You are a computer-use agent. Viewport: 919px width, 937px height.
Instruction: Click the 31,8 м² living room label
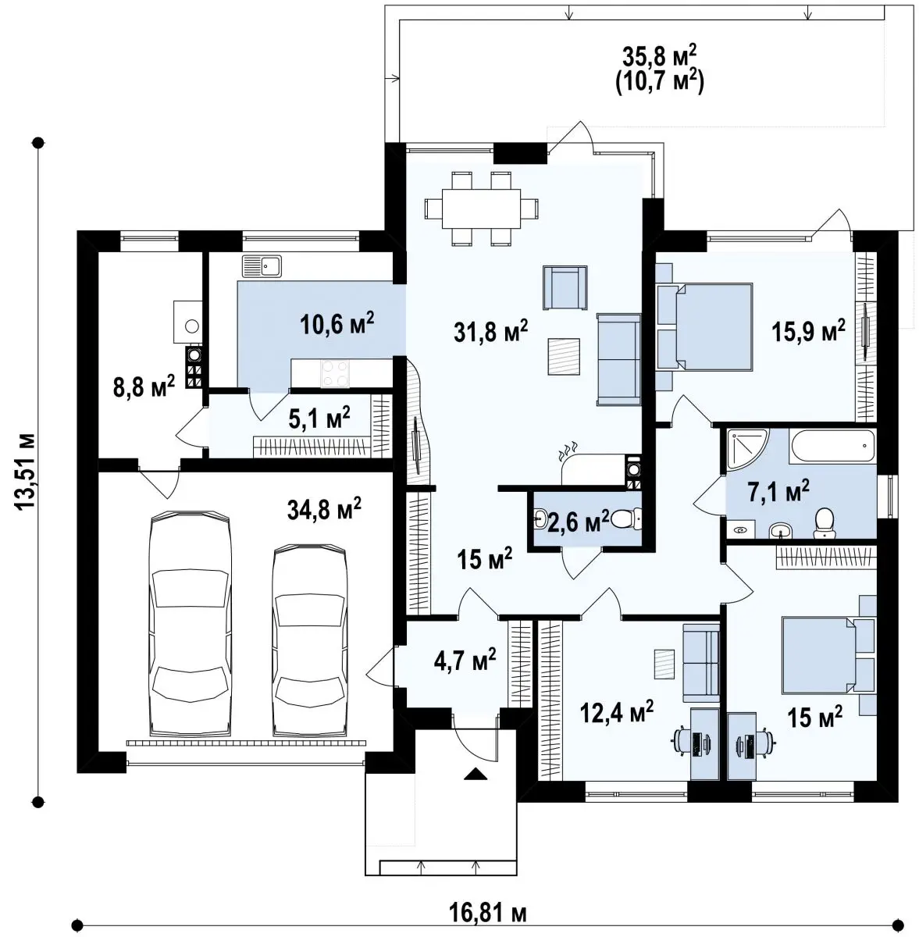coord(490,331)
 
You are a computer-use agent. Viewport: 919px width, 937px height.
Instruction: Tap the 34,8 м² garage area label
coord(324,508)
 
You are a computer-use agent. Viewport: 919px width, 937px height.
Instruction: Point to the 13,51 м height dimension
coord(25,471)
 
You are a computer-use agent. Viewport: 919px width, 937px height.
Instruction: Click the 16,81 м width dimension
coord(487,914)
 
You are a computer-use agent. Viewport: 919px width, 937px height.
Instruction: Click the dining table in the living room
coord(482,208)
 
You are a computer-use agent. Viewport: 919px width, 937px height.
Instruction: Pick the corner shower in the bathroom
coord(745,447)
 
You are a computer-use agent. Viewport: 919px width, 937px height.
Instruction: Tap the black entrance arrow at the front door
coord(475,774)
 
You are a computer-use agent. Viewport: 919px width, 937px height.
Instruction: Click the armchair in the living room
coord(565,287)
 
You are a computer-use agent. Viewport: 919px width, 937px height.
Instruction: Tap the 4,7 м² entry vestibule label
coord(465,659)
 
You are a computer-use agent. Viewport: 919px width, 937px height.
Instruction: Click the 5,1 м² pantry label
coord(319,418)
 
